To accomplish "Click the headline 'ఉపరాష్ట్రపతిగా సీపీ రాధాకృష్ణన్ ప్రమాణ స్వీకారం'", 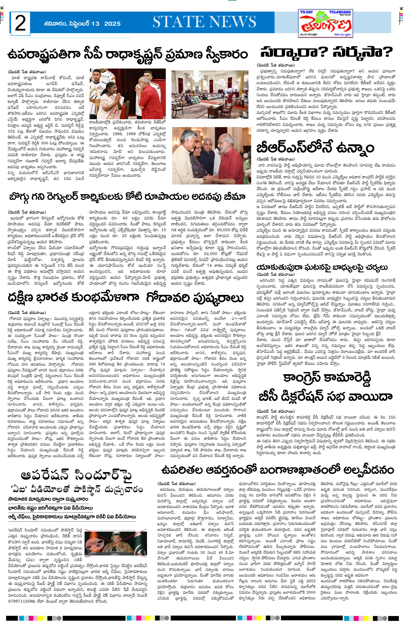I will tap(128, 55).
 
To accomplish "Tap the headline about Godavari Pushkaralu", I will tap(126, 298).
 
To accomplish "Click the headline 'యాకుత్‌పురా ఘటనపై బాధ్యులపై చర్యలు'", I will tap(322, 267).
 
